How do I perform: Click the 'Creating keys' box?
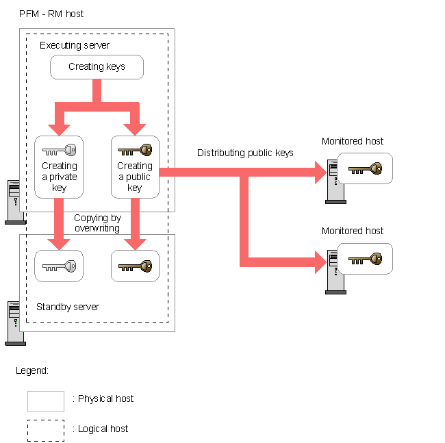coord(97,67)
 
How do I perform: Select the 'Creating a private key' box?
coord(59,167)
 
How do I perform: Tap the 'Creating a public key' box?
coord(135,167)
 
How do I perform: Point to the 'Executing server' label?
coord(75,45)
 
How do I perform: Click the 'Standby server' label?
coord(68,307)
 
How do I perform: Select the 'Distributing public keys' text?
coord(245,153)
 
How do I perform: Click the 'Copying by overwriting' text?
coord(97,223)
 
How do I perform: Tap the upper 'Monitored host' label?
coord(353,141)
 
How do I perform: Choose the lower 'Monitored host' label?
coord(353,231)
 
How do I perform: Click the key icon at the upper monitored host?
coord(365,168)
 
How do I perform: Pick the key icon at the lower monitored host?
coord(365,259)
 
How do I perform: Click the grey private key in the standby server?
coord(59,266)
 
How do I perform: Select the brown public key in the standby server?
coord(135,266)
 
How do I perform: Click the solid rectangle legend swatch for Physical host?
coord(46,401)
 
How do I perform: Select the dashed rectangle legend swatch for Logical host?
coord(46,430)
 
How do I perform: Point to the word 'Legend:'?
coord(32,370)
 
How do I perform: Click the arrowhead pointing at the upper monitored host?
coord(320,173)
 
